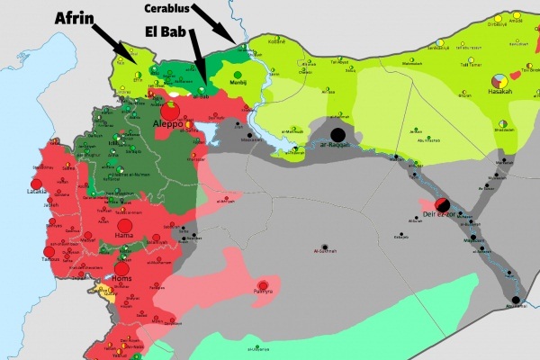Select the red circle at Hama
(125, 225)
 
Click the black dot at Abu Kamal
(517, 300)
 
